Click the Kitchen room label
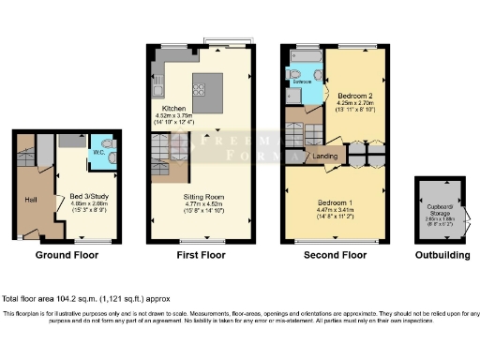(165, 108)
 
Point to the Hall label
(29, 199)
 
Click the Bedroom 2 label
(358, 96)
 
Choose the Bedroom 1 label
(335, 202)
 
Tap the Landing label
(325, 156)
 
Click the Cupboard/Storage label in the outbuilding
(437, 211)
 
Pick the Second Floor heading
(334, 255)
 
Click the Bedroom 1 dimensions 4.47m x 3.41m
(335, 211)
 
